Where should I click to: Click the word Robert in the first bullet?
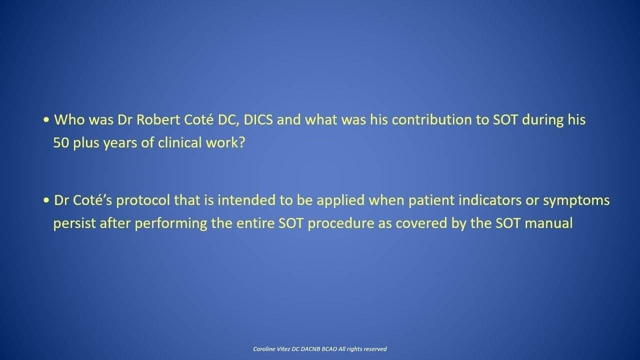click(x=158, y=119)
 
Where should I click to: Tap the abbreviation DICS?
click(x=258, y=119)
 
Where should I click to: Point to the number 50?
click(x=61, y=142)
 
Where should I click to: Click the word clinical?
click(x=179, y=142)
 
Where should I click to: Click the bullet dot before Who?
click(x=46, y=120)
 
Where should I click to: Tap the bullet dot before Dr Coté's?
click(x=46, y=200)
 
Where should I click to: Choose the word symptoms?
click(x=576, y=201)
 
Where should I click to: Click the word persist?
click(x=74, y=223)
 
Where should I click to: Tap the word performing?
click(x=171, y=224)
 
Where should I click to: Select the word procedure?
click(x=341, y=224)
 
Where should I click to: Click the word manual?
click(x=548, y=223)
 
